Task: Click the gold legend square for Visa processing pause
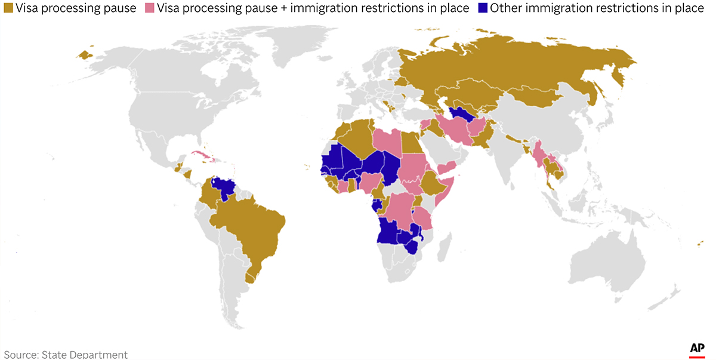point(8,8)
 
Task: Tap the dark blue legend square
point(480,8)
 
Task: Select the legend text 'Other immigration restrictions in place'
point(597,8)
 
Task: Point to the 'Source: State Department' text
point(64,355)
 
